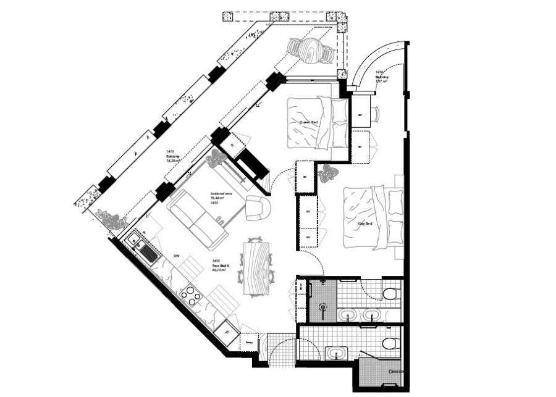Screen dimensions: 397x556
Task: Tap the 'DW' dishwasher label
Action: click(176, 256)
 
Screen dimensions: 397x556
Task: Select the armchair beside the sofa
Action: click(256, 207)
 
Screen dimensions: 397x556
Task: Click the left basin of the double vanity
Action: click(347, 314)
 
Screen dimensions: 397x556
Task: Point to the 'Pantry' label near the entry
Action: click(250, 341)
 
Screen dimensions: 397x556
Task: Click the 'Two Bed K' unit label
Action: click(217, 265)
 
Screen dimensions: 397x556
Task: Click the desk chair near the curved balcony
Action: click(376, 114)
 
